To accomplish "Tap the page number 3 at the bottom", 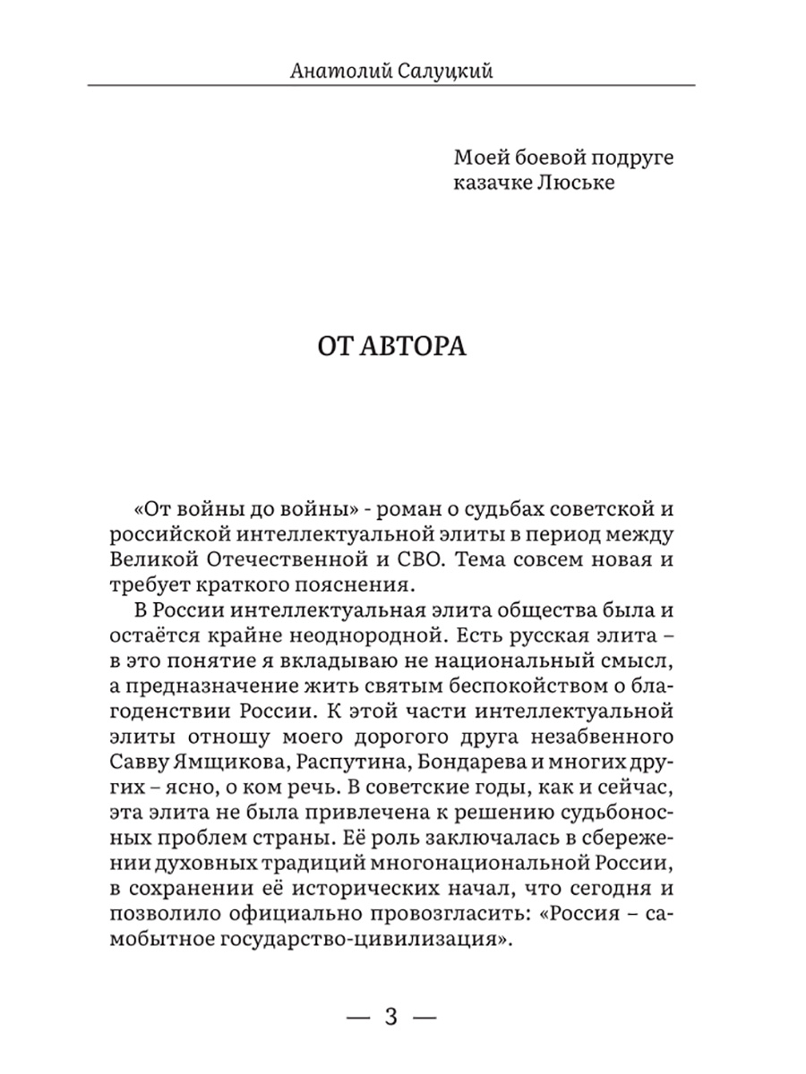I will pyautogui.click(x=390, y=1017).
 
